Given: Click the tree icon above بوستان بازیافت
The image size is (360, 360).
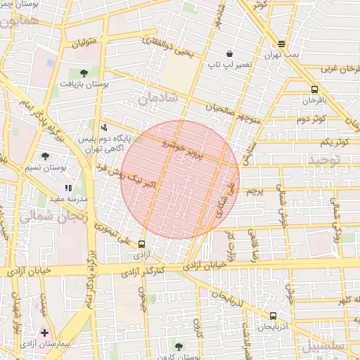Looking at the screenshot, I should tap(84, 72).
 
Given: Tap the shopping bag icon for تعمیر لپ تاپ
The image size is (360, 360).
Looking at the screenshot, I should tap(230, 54).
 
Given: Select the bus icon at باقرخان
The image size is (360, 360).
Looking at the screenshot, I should tap(314, 89).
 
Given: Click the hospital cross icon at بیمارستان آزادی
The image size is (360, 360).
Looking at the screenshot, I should tap(45, 332).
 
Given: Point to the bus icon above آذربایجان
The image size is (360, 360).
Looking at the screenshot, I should tap(273, 316).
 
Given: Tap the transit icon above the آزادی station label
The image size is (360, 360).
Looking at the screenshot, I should tap(143, 245).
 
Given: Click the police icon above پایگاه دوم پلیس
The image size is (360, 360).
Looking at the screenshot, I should tap(105, 127).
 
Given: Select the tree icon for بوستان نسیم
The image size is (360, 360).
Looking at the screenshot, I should tap(46, 156).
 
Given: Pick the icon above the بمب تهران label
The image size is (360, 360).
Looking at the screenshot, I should tap(282, 44).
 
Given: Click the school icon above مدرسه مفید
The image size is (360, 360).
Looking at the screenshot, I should tap(68, 188).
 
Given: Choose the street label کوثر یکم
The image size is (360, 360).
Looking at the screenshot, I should tap(334, 142).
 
